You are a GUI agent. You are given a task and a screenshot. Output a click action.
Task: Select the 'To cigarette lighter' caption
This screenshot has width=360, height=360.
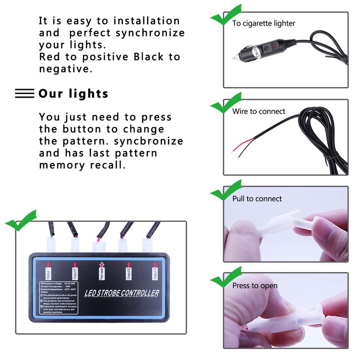[x=264, y=23]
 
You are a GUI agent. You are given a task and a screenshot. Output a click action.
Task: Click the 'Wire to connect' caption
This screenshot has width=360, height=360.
[x=259, y=111]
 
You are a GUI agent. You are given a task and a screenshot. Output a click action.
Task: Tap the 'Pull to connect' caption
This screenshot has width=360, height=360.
[x=257, y=198]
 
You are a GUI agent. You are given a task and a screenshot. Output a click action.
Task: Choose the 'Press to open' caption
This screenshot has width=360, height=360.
[x=255, y=286]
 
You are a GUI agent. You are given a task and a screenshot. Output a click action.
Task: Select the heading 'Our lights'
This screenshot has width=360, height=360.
[x=73, y=94]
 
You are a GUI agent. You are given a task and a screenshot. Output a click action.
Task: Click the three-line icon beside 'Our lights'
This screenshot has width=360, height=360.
[x=25, y=94]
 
